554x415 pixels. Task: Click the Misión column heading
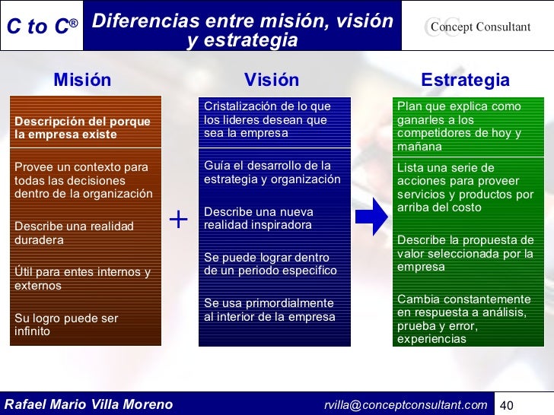pyautogui.click(x=82, y=80)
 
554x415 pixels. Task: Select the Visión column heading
pyautogui.click(x=272, y=80)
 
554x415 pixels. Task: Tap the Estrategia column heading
pyautogui.click(x=465, y=80)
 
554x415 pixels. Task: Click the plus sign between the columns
pyautogui.click(x=178, y=220)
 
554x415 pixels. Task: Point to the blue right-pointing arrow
pyautogui.click(x=371, y=220)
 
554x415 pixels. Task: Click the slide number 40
pyautogui.click(x=508, y=404)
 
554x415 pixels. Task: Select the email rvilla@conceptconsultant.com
pyautogui.click(x=405, y=404)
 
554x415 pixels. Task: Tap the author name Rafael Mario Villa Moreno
pyautogui.click(x=89, y=404)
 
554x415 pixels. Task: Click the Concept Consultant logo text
pyautogui.click(x=479, y=27)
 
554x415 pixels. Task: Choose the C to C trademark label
pyautogui.click(x=42, y=27)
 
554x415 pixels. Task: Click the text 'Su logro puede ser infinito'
pyautogui.click(x=66, y=325)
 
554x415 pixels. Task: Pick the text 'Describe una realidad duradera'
pyautogui.click(x=74, y=233)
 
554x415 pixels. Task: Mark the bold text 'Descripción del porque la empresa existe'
pyautogui.click(x=82, y=128)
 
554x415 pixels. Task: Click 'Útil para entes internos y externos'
pyautogui.click(x=82, y=279)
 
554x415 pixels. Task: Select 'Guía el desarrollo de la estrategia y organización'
pyautogui.click(x=272, y=173)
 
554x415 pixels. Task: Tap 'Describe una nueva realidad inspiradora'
pyautogui.click(x=258, y=218)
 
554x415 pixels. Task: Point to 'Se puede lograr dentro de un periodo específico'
pyautogui.click(x=269, y=264)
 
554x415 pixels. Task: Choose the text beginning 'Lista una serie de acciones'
pyautogui.click(x=465, y=187)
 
